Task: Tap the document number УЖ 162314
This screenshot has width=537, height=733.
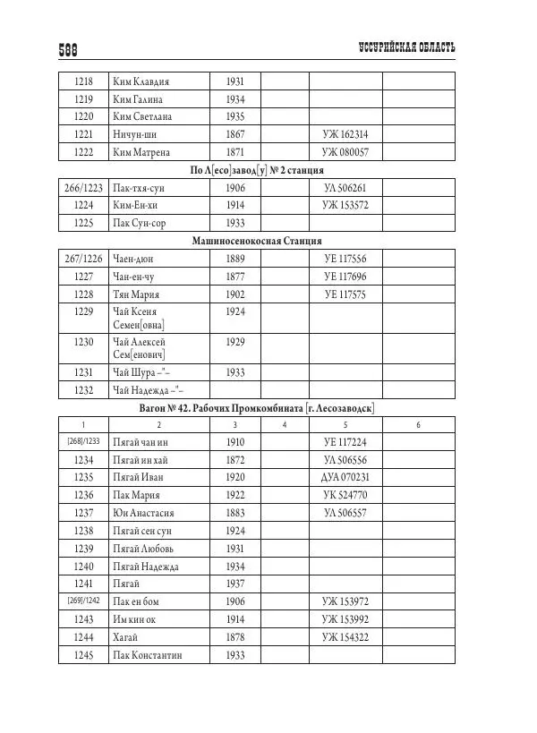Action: (345, 134)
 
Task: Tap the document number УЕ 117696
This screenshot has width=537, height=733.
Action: (345, 277)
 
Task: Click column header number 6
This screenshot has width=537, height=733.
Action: (418, 424)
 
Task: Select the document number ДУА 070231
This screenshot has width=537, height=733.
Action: (345, 477)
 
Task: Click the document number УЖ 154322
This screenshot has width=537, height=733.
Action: (345, 636)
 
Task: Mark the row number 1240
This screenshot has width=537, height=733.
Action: (83, 566)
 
